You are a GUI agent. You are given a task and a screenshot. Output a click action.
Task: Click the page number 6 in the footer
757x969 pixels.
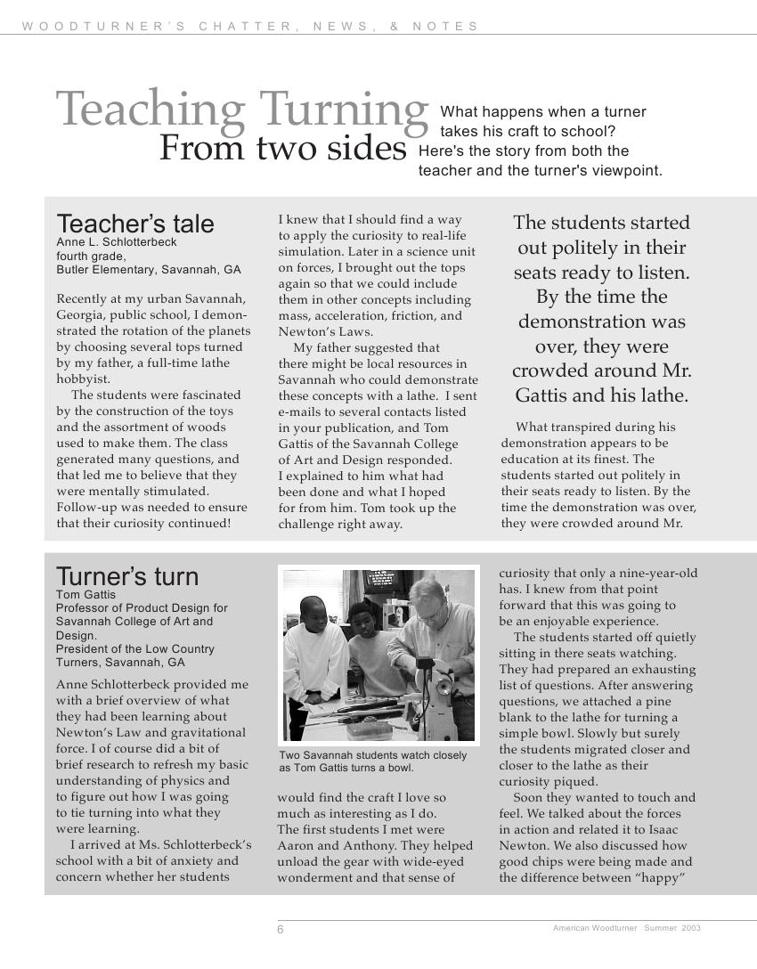(281, 930)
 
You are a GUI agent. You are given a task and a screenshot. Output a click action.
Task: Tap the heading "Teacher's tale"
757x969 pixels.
(135, 224)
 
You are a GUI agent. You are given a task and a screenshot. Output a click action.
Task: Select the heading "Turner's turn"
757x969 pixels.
(127, 576)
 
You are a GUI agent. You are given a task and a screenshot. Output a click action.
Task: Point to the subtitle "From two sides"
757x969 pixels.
(282, 148)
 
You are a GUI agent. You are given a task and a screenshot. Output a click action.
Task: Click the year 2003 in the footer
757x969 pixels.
(691, 928)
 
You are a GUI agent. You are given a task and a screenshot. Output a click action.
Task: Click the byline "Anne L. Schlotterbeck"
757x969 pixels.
(117, 242)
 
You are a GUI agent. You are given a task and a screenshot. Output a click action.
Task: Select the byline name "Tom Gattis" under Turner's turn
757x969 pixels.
(85, 594)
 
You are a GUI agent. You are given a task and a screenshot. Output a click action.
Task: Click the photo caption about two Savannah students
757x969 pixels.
(373, 761)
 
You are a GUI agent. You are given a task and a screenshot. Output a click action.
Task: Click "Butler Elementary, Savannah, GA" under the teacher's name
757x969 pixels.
(149, 270)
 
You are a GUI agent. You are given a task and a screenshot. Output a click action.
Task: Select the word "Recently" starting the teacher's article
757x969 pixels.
(85, 298)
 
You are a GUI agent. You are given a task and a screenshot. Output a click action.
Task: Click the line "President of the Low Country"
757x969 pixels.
(135, 649)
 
